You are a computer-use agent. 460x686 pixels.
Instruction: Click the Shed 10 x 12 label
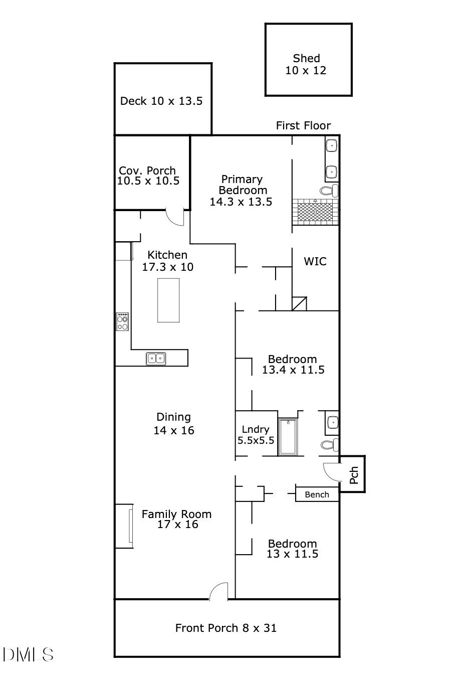(306, 65)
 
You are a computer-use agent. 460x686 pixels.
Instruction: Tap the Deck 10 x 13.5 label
(161, 101)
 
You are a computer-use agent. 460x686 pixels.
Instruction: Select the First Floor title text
(303, 125)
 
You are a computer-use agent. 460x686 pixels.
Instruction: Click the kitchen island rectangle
(168, 300)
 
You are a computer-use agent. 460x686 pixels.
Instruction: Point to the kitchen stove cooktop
(122, 321)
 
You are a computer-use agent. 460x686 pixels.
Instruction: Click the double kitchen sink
(156, 359)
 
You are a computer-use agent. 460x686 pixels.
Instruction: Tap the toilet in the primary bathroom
(329, 191)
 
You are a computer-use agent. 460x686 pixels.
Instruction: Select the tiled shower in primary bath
(315, 211)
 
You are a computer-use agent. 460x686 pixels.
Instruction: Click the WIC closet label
(315, 261)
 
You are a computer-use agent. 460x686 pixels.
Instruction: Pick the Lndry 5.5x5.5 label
(256, 435)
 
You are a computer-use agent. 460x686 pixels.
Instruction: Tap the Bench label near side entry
(317, 494)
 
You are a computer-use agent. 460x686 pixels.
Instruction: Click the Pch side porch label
(354, 475)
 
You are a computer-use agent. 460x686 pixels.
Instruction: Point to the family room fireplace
(125, 526)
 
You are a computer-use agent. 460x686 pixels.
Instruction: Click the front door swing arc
(218, 591)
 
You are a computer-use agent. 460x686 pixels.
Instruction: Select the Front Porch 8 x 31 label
(225, 628)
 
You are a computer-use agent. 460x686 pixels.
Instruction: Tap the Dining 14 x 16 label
(174, 424)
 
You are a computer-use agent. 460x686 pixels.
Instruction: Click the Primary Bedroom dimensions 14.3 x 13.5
(241, 202)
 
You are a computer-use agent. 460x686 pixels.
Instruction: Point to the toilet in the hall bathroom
(329, 444)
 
